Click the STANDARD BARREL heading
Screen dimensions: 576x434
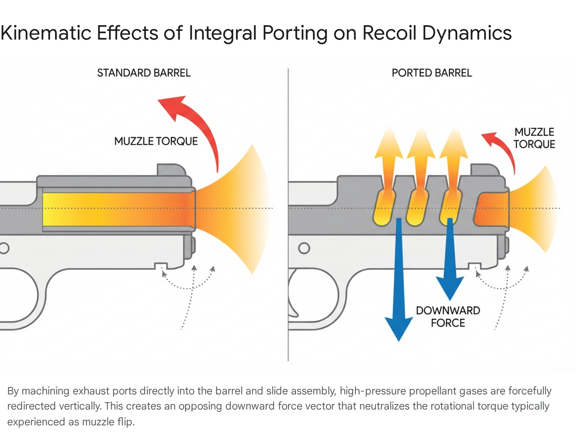144,73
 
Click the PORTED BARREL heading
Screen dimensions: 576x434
432,73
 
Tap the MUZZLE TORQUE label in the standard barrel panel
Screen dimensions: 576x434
156,141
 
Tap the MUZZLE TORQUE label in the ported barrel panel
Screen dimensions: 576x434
534,138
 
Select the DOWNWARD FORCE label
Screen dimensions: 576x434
448,317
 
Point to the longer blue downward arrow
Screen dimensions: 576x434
399,279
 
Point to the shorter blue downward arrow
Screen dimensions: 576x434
450,258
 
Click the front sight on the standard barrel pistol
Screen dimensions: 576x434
171,169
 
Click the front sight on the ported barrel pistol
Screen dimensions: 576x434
485,169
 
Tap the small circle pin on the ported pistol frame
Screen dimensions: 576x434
304,248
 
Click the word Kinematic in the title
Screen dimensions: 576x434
46,33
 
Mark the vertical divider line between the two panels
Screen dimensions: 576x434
288,215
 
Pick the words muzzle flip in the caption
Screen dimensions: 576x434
108,422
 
